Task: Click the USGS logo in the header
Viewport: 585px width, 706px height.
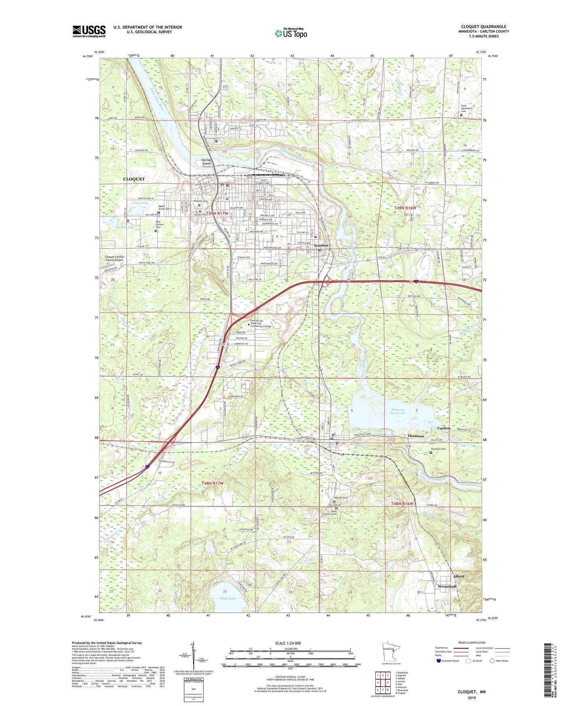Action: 89,31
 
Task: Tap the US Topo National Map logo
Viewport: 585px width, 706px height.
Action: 291,33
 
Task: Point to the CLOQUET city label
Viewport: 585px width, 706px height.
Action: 134,179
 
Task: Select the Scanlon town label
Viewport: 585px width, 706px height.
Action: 321,245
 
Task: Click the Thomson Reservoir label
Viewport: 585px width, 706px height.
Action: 398,412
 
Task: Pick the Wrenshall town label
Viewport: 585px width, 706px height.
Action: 447,586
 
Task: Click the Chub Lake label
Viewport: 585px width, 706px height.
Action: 227,598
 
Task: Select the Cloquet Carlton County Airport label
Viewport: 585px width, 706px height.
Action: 115,258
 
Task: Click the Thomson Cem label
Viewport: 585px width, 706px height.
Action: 438,449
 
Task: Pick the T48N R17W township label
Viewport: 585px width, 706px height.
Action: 213,484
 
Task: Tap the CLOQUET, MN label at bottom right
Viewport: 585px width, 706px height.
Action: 471,692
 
